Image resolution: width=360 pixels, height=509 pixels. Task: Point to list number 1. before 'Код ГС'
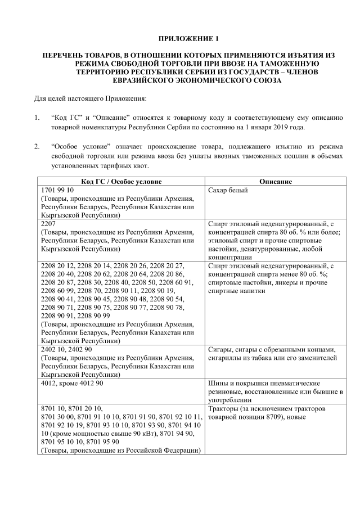[37, 118]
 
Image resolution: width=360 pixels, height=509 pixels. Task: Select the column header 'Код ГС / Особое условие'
[121, 182]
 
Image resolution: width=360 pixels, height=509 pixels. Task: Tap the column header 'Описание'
[275, 182]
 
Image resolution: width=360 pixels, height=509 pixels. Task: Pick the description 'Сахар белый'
[228, 191]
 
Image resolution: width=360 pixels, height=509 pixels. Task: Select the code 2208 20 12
[58, 265]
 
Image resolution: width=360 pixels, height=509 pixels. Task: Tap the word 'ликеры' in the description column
[287, 282]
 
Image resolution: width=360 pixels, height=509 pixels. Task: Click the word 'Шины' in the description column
[218, 382]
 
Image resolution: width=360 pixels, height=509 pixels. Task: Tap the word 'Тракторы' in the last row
[224, 408]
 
